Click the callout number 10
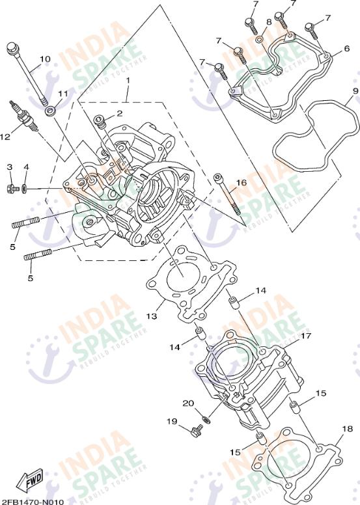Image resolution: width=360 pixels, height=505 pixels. [44, 59]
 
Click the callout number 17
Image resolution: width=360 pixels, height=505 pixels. [305, 336]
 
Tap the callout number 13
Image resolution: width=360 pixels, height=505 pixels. [152, 316]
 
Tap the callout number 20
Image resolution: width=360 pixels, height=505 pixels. [188, 403]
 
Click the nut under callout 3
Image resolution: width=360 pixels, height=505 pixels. [11, 189]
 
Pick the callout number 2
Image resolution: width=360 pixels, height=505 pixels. [119, 113]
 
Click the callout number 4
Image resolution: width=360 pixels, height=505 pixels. [26, 167]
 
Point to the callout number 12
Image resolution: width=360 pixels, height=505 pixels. [5, 137]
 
